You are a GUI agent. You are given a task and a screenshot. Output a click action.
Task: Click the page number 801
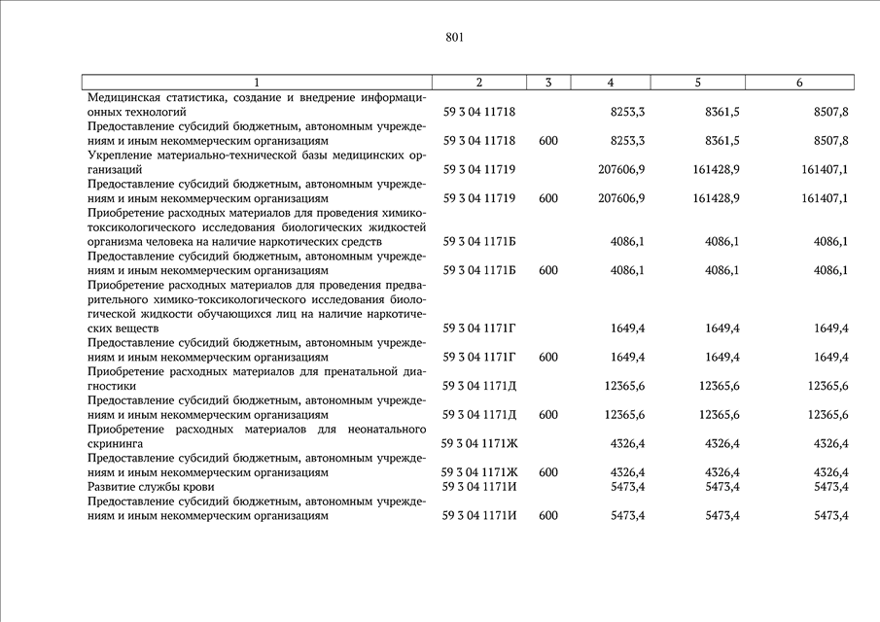point(454,38)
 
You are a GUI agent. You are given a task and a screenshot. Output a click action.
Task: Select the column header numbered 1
point(257,83)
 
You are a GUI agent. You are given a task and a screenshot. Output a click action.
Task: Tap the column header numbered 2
point(479,83)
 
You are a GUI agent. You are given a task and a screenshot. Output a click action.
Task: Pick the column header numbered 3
point(548,83)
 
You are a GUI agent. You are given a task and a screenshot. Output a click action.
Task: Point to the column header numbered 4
point(610,83)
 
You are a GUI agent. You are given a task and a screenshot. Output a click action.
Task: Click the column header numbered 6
point(798,83)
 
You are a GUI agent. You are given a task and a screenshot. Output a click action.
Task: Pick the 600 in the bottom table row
point(548,515)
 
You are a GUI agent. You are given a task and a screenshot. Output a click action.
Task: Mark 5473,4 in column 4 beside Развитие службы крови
point(627,486)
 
